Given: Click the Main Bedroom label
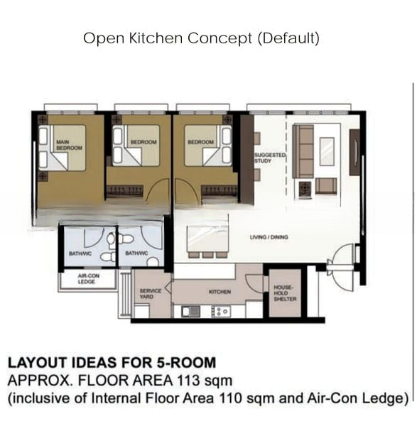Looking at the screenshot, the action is click(x=69, y=145).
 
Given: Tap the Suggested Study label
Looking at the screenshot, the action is click(x=270, y=158).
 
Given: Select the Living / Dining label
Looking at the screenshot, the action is click(x=269, y=237).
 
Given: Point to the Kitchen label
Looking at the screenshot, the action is click(x=220, y=292).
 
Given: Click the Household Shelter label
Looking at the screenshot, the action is click(x=285, y=293).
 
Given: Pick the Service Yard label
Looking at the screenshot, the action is click(x=151, y=294).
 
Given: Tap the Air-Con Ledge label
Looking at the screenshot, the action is click(x=88, y=279).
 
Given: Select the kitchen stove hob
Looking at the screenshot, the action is click(x=221, y=312).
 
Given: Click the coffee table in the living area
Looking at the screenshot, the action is click(x=327, y=151).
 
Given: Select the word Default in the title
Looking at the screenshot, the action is click(x=288, y=38).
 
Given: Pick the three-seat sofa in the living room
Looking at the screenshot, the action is click(x=303, y=151).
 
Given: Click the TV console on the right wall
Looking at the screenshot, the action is click(x=354, y=152).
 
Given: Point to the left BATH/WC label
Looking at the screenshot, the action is click(x=80, y=253).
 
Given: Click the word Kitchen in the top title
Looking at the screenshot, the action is click(x=156, y=38).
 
